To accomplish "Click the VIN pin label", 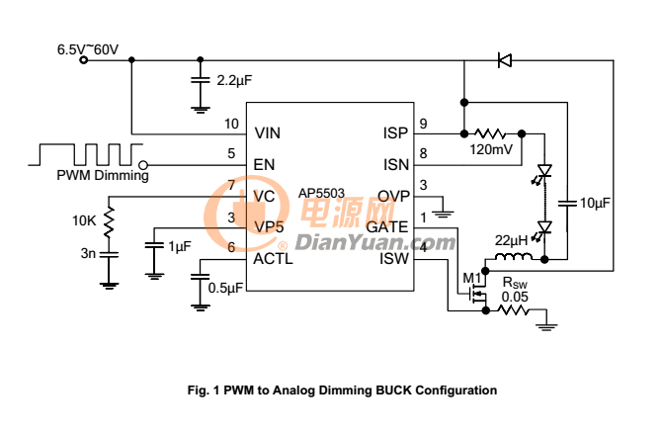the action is [x=268, y=133].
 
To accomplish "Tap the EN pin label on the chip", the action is [x=264, y=164].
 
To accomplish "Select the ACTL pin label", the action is [x=273, y=259].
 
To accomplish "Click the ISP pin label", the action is [x=395, y=133].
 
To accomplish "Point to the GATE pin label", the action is [x=387, y=227].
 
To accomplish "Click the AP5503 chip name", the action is [x=321, y=193].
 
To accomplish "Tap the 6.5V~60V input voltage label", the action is [x=88, y=49].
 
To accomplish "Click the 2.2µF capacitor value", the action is [x=234, y=80].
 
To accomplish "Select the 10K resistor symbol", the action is [x=109, y=221].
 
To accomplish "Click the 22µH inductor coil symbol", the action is [x=514, y=256].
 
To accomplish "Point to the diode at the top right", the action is [x=505, y=60].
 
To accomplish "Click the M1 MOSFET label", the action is [x=471, y=279].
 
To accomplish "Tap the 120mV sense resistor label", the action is [x=491, y=149].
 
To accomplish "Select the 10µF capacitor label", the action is [x=595, y=203].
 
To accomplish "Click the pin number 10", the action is [x=231, y=124].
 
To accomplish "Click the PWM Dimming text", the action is [x=103, y=175].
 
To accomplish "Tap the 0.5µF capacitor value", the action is [x=225, y=288].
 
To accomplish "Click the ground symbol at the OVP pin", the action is [x=443, y=214].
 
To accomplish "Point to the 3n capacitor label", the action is [x=88, y=253].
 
